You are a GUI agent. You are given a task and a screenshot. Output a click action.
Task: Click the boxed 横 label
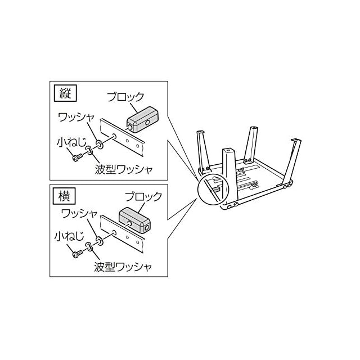pyautogui.click(x=61, y=196)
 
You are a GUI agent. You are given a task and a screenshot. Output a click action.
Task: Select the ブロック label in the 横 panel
pyautogui.click(x=143, y=197)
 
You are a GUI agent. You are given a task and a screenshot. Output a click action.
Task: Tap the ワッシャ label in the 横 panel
pyautogui.click(x=79, y=214)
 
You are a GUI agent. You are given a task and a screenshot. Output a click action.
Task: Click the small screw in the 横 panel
pyautogui.click(x=78, y=254)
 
